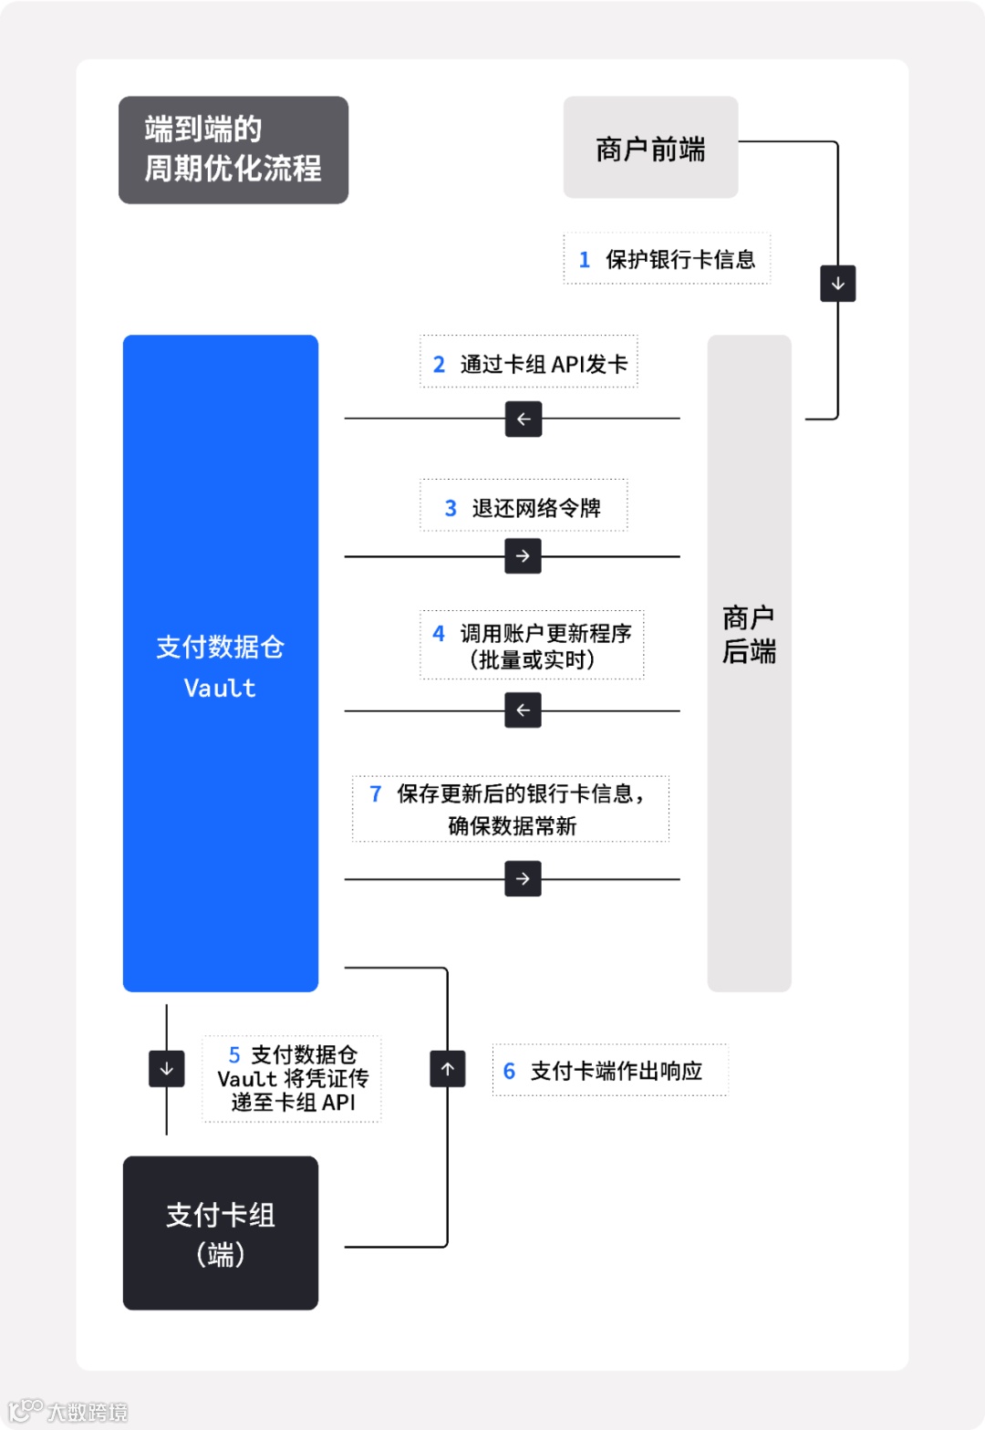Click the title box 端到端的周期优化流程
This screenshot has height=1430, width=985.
point(233,150)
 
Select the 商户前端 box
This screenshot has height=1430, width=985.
point(650,148)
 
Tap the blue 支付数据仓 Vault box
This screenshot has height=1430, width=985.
point(221,663)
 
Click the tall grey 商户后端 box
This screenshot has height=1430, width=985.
point(749,663)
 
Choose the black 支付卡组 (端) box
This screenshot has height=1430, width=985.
point(221,1233)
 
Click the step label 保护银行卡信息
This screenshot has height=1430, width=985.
point(667,259)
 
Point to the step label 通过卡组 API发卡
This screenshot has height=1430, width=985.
point(529,364)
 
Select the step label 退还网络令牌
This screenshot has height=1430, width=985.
point(524,506)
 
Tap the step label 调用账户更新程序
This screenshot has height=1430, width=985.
point(532,645)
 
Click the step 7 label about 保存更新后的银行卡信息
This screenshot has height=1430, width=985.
point(511,809)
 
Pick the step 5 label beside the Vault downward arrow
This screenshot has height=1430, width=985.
point(292,1079)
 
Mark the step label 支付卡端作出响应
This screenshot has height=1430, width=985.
point(610,1070)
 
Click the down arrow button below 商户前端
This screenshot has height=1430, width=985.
point(837,284)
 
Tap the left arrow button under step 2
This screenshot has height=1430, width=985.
point(524,420)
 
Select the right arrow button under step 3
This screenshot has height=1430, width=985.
point(523,556)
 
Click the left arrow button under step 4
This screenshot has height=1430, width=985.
point(523,710)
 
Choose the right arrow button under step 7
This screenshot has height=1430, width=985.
point(523,879)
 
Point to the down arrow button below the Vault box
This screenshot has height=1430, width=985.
point(167,1069)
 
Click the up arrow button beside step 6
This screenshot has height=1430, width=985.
point(448,1069)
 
